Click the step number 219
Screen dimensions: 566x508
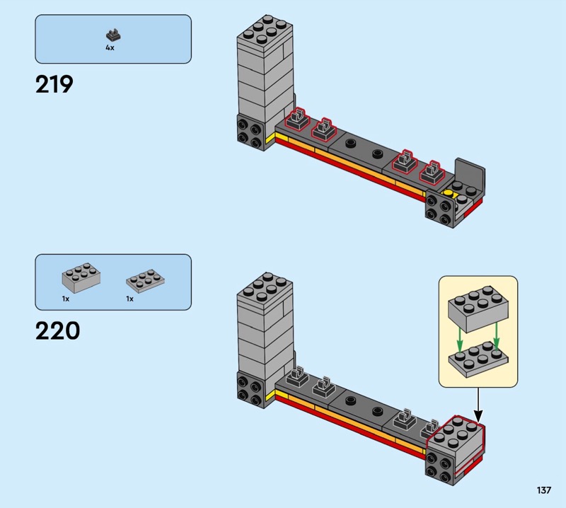pyautogui.click(x=54, y=84)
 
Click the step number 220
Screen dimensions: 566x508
pyautogui.click(x=58, y=330)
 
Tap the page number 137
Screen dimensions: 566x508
pyautogui.click(x=543, y=490)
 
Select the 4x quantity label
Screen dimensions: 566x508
pyautogui.click(x=110, y=47)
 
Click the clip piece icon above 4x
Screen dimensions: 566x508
pyautogui.click(x=113, y=35)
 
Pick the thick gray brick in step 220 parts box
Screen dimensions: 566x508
pyautogui.click(x=81, y=277)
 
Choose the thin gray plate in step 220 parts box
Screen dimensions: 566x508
pyautogui.click(x=146, y=281)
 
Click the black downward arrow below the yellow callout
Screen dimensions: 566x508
pyautogui.click(x=478, y=405)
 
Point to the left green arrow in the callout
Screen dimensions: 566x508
pyautogui.click(x=459, y=339)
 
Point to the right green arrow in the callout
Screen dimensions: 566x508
pyautogui.click(x=497, y=335)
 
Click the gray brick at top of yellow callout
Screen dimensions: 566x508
pyautogui.click(x=478, y=308)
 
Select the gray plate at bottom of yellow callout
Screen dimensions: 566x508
pyautogui.click(x=478, y=360)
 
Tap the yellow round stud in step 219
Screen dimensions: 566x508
pyautogui.click(x=448, y=193)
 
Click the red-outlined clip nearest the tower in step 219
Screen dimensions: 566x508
pyautogui.click(x=297, y=119)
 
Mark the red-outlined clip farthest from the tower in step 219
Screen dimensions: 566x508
pyautogui.click(x=432, y=172)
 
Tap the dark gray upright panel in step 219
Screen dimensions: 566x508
pyautogui.click(x=470, y=174)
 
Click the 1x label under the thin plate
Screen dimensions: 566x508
pyautogui.click(x=129, y=299)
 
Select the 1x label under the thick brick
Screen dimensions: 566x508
pyautogui.click(x=66, y=299)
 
